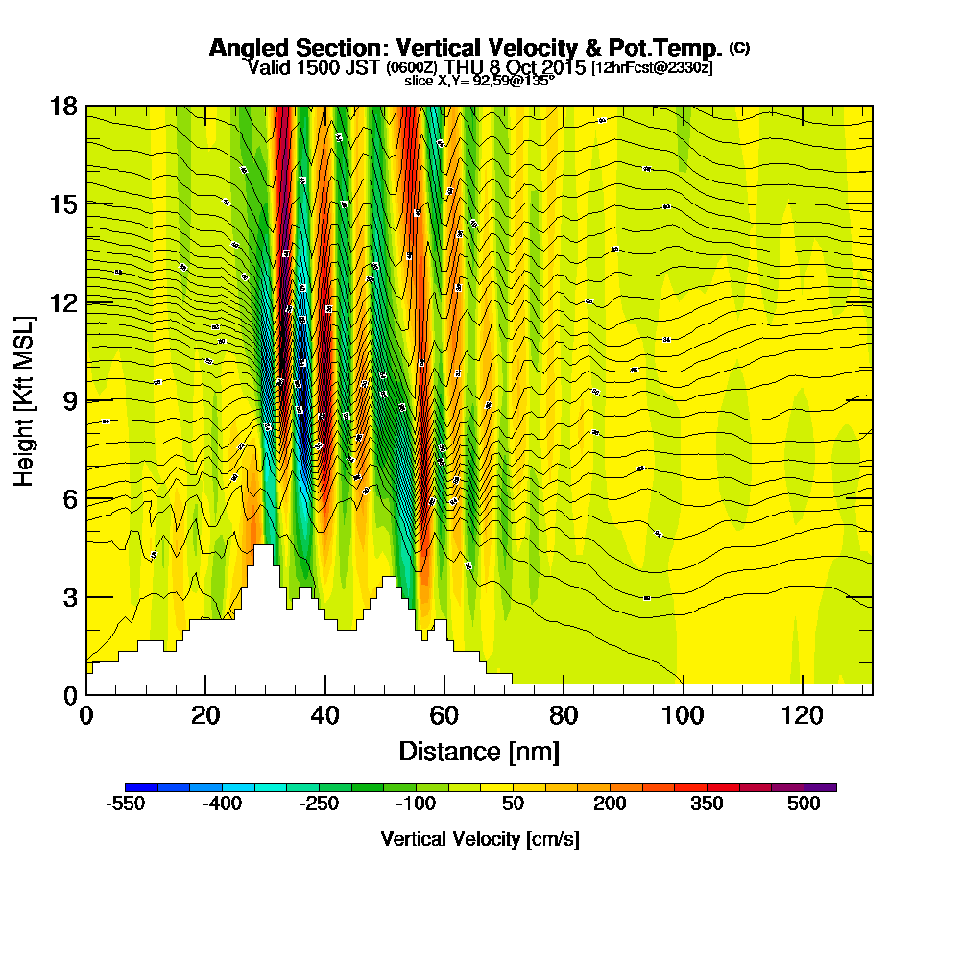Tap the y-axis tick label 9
(x=67, y=400)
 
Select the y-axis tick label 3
(x=67, y=597)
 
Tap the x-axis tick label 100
(x=683, y=715)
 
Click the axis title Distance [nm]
(x=479, y=751)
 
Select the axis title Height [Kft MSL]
(x=24, y=399)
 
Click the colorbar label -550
(x=125, y=804)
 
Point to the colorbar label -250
(x=319, y=804)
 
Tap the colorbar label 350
(x=707, y=804)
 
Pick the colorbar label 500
(x=804, y=804)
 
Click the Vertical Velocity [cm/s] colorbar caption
(x=479, y=839)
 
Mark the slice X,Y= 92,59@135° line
(x=479, y=82)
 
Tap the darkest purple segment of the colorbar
(x=826, y=787)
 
